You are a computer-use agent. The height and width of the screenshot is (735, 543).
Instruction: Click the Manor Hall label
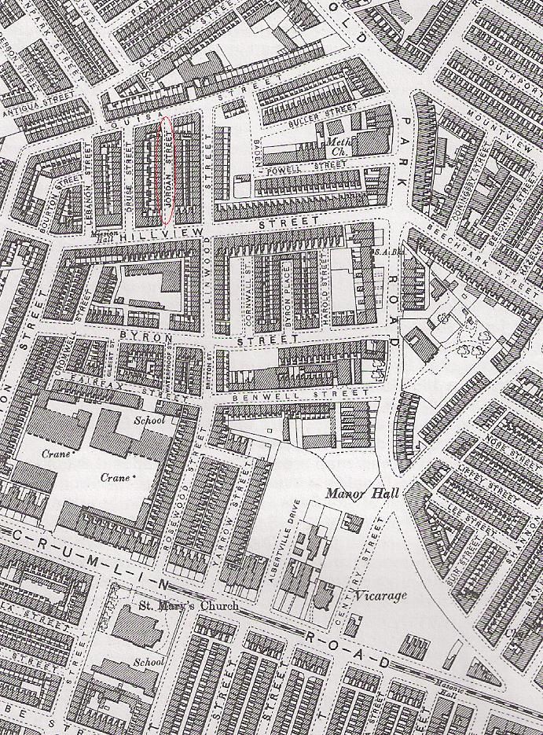click(x=362, y=493)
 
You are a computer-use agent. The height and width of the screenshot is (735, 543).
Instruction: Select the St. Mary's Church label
click(x=177, y=605)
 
